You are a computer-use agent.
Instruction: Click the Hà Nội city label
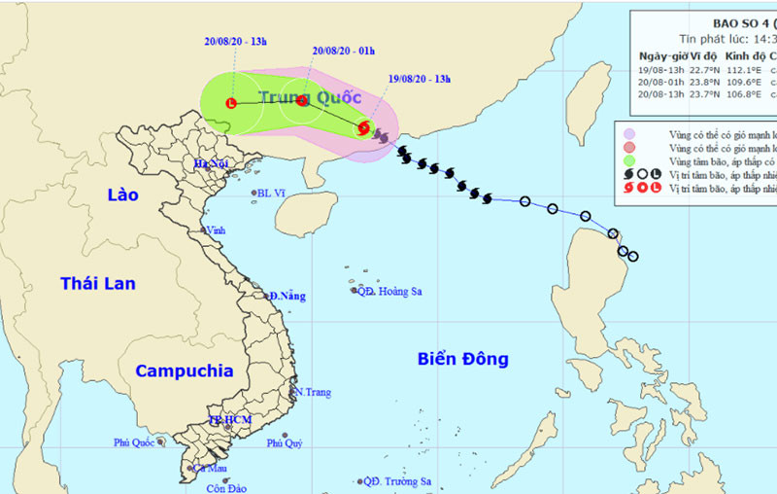(211, 163)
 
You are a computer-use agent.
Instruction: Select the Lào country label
(122, 194)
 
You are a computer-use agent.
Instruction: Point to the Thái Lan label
(98, 283)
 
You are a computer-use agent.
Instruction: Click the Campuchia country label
(184, 370)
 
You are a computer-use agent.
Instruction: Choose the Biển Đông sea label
(463, 359)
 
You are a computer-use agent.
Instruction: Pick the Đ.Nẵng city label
(288, 296)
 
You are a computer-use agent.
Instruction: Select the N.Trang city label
(313, 392)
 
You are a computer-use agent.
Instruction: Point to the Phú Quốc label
(135, 442)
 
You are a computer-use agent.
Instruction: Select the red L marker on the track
(231, 102)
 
